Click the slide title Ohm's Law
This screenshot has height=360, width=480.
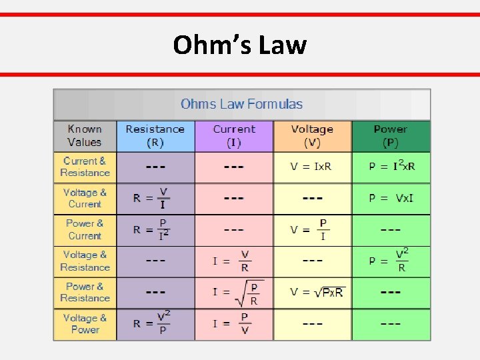(x=239, y=45)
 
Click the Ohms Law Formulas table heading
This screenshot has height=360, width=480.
(x=241, y=104)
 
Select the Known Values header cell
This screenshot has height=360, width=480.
(x=85, y=135)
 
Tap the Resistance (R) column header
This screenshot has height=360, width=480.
(x=155, y=135)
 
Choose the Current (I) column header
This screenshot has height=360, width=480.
(x=233, y=135)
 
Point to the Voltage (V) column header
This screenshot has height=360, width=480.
(x=311, y=135)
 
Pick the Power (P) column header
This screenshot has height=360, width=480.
(x=390, y=135)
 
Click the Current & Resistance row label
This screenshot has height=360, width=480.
(x=85, y=167)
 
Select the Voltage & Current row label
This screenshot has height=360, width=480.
(x=85, y=198)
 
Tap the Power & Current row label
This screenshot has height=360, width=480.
(x=85, y=229)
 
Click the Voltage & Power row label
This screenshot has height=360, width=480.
(x=85, y=323)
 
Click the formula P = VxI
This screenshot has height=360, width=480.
(x=391, y=198)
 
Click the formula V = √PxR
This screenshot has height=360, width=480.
(x=317, y=293)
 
